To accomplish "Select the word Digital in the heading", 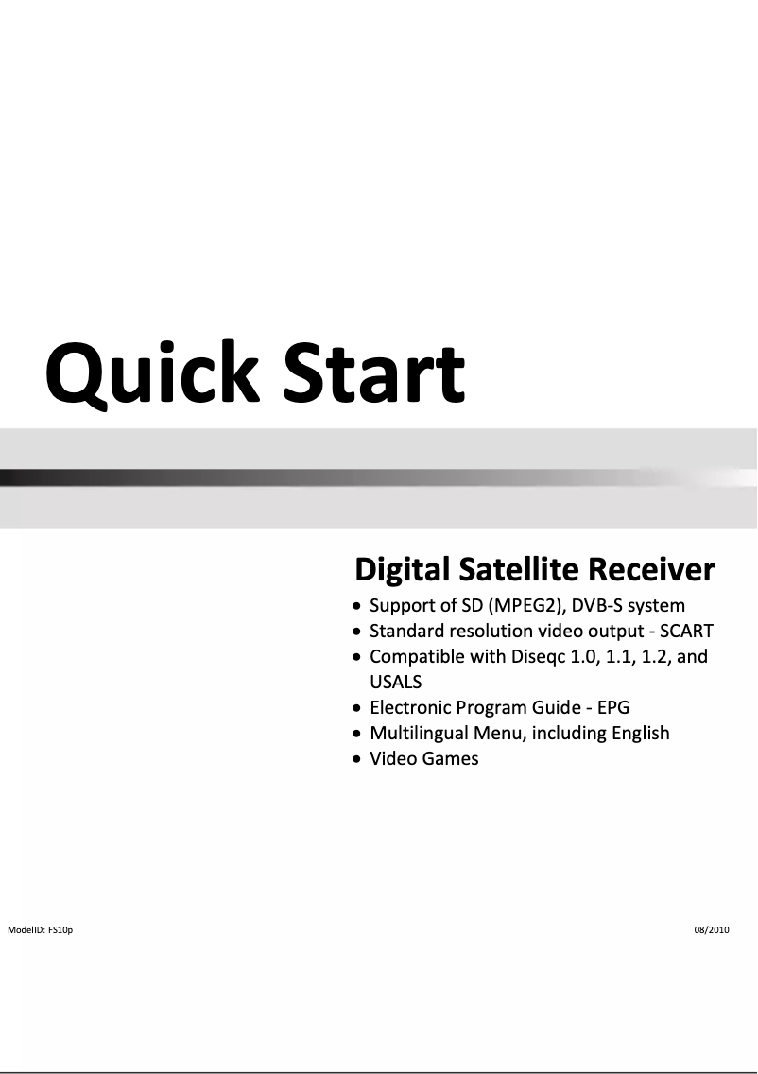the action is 403,570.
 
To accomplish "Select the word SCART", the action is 687,631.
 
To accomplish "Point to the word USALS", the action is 396,682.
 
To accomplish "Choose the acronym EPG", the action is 613,707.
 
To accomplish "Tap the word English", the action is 641,733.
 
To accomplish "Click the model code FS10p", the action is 60,929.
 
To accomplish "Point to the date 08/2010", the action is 712,929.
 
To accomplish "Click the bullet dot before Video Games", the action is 356,759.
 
